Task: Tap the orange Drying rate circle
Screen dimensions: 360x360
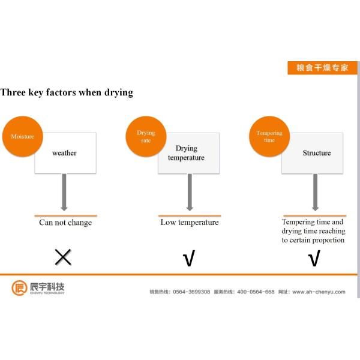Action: tap(145, 136)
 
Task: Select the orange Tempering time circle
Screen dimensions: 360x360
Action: tap(269, 136)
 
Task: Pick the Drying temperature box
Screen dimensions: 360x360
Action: tap(190, 154)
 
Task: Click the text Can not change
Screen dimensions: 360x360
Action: tap(65, 223)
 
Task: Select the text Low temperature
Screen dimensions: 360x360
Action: tap(190, 223)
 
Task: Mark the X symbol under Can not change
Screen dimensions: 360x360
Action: tap(63, 257)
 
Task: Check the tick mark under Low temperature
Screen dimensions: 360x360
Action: tap(189, 259)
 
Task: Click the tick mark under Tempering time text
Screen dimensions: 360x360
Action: tap(314, 259)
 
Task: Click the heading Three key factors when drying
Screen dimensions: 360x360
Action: tap(67, 92)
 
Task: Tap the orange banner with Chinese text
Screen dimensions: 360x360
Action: tap(322, 68)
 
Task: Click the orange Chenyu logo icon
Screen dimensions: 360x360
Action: tap(19, 288)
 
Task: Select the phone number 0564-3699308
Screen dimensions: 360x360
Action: tap(191, 292)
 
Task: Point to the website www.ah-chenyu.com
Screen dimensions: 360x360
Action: tap(319, 292)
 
